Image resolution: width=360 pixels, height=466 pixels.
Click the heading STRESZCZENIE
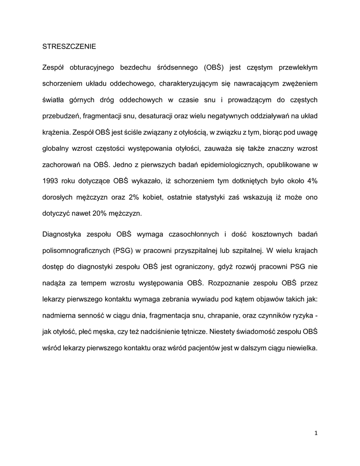click(69, 46)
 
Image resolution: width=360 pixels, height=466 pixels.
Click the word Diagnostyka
click(61, 235)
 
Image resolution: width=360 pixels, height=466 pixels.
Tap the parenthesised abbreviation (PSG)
click(124, 251)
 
